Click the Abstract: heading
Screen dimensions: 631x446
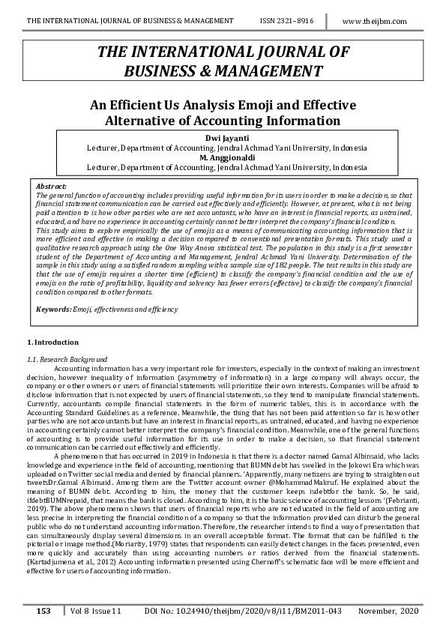click(x=51, y=185)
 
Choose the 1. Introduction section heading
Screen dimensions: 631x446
click(x=46, y=342)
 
